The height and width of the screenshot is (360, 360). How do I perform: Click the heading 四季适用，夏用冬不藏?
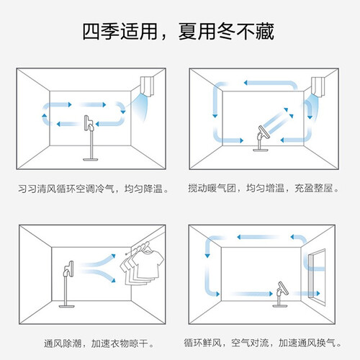point(178,32)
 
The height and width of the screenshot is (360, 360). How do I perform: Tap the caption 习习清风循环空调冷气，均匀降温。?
point(94,189)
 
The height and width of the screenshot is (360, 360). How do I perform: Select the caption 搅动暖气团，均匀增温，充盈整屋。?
point(264,188)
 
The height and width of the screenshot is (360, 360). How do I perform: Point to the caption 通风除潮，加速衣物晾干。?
point(99,343)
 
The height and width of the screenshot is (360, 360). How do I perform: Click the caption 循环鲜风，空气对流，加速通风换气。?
point(262,343)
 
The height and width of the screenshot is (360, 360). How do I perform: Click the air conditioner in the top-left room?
point(146,86)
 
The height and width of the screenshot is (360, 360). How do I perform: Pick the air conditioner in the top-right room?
point(318,86)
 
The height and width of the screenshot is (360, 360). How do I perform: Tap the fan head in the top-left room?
point(87,123)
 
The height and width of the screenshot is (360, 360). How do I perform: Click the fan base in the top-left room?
point(91,159)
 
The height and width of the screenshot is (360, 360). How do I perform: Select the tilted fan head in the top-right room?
point(264,132)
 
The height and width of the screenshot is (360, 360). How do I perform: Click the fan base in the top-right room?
point(261,150)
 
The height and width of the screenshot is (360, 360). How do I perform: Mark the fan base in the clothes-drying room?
point(66,306)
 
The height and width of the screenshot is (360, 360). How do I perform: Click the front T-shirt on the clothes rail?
point(148,263)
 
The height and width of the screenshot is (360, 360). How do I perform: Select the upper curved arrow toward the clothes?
point(99,261)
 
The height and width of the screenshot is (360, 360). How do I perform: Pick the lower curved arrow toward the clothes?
point(99,276)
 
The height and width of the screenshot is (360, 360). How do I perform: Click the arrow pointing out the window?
point(306,293)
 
